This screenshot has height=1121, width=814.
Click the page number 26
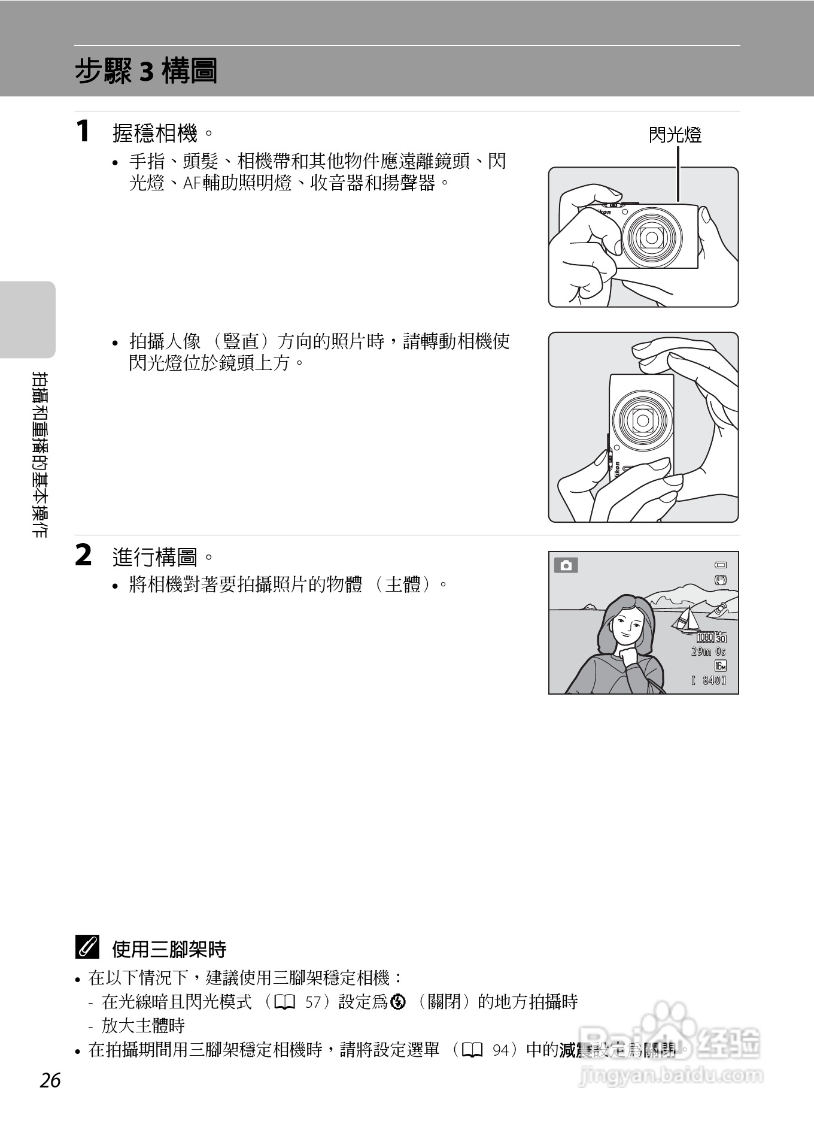[51, 1081]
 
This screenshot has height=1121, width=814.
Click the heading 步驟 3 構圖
[145, 71]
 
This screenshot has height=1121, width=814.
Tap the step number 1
[83, 131]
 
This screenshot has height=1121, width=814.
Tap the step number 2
[83, 555]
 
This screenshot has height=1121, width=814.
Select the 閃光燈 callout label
[675, 135]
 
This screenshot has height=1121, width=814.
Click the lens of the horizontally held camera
[651, 238]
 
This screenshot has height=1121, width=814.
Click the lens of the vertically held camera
[643, 420]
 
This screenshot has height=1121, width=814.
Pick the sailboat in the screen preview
[687, 620]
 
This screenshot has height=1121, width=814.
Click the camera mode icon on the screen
[566, 565]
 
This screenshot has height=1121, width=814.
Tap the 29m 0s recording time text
[708, 652]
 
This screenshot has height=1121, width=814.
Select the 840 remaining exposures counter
[709, 680]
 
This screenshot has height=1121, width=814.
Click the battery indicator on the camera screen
[720, 565]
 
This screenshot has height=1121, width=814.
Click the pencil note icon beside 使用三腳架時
[87, 948]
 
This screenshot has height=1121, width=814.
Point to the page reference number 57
[313, 1002]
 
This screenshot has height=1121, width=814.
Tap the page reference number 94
[502, 1050]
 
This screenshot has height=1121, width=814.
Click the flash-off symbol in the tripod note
[397, 1001]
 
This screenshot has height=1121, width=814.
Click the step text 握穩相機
[154, 133]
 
